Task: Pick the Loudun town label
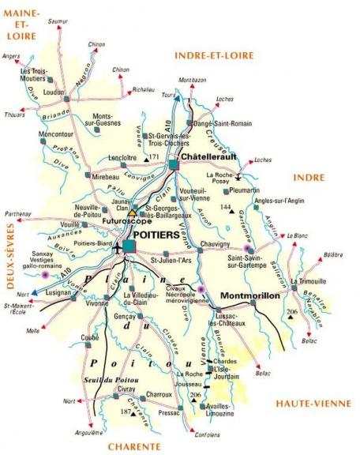pos(53,92)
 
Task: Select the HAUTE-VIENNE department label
pos(312,404)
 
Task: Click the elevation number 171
pos(154,158)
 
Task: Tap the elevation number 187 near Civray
pos(124,412)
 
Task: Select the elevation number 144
pos(226,207)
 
